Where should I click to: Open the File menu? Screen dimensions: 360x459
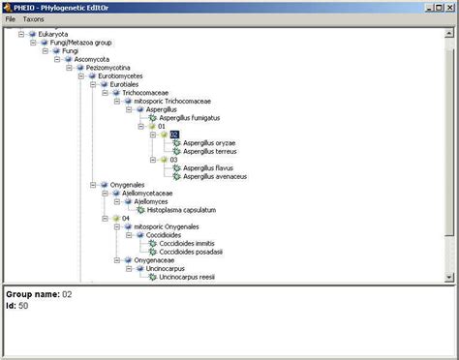[x=11, y=18]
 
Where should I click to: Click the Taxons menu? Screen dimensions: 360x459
[x=33, y=18]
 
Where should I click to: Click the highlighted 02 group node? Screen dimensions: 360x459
[x=174, y=135]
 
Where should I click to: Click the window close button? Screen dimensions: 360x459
[x=448, y=6]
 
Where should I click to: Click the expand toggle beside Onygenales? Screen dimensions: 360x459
[x=90, y=185]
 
